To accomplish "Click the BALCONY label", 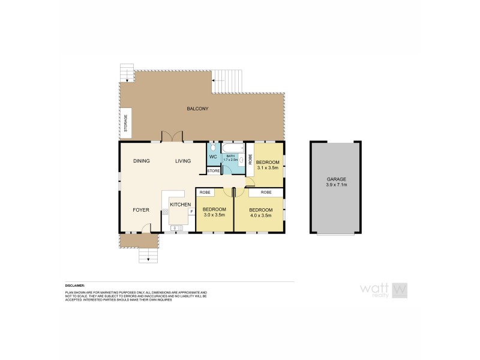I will pos(197,109).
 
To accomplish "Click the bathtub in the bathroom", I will pos(233,148).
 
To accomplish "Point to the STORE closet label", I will pos(214,171).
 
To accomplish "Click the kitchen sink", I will pos(177,228).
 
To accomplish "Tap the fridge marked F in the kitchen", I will pos(191,211).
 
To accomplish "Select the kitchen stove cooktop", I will pos(166,212).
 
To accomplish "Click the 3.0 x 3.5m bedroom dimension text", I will pos(214,214).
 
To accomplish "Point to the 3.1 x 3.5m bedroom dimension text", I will pos(268,169).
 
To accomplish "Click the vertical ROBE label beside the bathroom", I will pos(250,160).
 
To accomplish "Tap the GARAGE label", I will pos(336,179).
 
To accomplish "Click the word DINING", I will pos(142,161).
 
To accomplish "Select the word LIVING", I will pos(183,161).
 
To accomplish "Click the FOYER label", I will pos(141,210).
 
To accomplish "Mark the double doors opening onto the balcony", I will pos(173,137).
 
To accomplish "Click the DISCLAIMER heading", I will pos(76,286).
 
